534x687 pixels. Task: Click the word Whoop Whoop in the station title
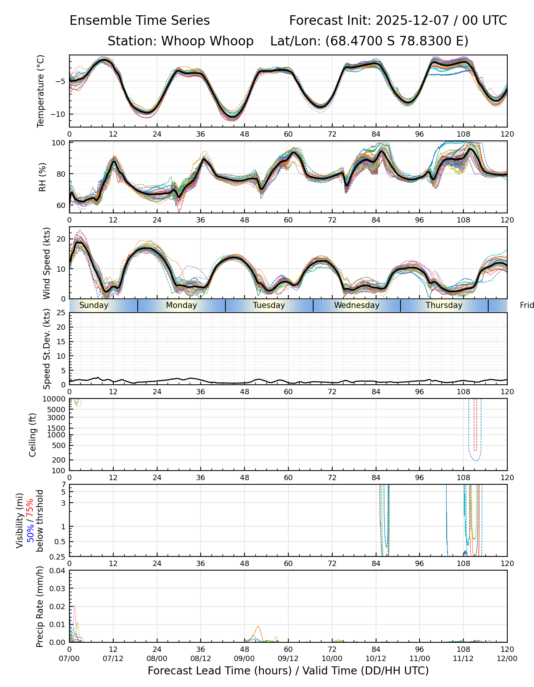pos(207,41)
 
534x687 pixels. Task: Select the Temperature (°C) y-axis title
pos(41,91)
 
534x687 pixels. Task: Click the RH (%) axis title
pos(42,177)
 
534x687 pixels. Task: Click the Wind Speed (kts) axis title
pos(47,263)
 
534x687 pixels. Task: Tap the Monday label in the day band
pos(182,305)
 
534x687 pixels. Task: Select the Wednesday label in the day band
pos(357,305)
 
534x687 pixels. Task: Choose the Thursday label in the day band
pos(444,305)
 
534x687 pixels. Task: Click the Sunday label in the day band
pos(94,305)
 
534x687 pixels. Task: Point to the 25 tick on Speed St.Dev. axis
pos(61,313)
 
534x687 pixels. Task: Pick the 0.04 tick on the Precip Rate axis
pos(58,571)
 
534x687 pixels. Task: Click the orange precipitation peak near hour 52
pos(258,626)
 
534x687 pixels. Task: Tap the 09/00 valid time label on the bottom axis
pos(244,658)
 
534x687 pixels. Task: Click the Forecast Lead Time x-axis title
pos(288,671)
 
